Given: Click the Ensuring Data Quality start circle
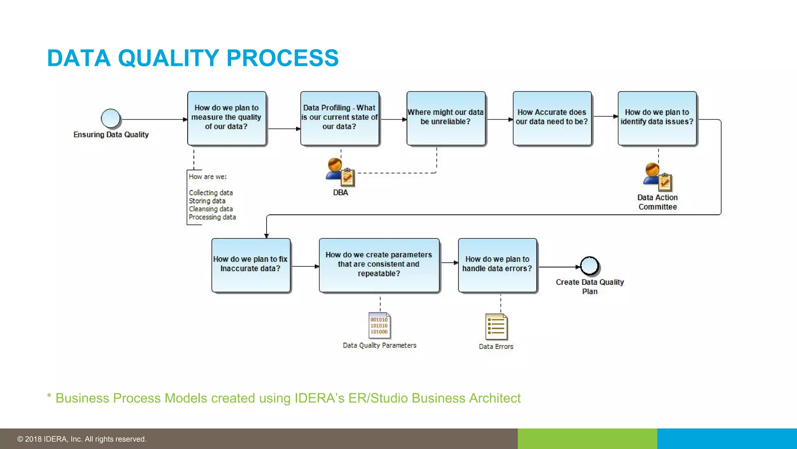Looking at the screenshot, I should pyautogui.click(x=111, y=118).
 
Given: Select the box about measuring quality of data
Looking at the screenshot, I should pyautogui.click(x=227, y=118).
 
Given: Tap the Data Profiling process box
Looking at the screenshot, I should pyautogui.click(x=340, y=118).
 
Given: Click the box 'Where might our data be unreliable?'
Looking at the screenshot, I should pyautogui.click(x=446, y=118).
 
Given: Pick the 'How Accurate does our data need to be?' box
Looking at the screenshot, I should pyautogui.click(x=552, y=118).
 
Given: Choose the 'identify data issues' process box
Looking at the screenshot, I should pyautogui.click(x=657, y=118).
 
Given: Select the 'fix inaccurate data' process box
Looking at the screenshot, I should pyautogui.click(x=251, y=265).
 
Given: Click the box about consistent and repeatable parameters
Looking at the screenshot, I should pyautogui.click(x=379, y=265).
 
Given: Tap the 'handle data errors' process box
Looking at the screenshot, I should pyautogui.click(x=497, y=265).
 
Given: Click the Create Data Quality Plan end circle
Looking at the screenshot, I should pyautogui.click(x=590, y=266).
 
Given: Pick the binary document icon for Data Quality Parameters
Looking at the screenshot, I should pyautogui.click(x=379, y=325).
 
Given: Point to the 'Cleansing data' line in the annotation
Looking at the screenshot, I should pyautogui.click(x=211, y=209).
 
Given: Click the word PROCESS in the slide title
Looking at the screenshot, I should pyautogui.click(x=283, y=58).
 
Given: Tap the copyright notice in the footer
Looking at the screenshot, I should pyautogui.click(x=82, y=439).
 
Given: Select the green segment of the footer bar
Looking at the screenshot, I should pyautogui.click(x=587, y=439).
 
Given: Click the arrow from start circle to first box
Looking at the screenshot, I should pyautogui.click(x=154, y=119).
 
